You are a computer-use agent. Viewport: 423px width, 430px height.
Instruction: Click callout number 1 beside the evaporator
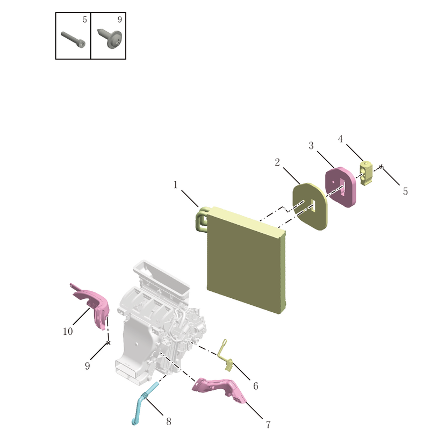175,185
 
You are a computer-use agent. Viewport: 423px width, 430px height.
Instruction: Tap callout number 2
277,162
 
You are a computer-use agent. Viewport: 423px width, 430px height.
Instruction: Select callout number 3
311,146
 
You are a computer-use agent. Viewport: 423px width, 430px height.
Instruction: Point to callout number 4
340,139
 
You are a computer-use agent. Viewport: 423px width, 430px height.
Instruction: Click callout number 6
255,386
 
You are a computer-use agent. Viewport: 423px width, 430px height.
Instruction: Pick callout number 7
268,424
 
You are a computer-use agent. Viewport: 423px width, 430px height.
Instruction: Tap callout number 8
169,421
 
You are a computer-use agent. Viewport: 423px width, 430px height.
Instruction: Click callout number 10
68,331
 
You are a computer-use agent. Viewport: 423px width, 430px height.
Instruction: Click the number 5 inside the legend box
85,19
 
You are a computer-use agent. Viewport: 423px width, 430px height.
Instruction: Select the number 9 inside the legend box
119,19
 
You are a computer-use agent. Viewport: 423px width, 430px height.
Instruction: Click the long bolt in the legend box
73,39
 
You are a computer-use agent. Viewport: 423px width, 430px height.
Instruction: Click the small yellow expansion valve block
366,173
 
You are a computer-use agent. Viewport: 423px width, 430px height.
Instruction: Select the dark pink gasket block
340,187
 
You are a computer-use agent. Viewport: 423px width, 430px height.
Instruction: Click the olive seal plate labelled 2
310,206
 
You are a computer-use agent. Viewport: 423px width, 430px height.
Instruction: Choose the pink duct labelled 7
219,389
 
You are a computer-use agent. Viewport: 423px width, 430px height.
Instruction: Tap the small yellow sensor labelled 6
225,355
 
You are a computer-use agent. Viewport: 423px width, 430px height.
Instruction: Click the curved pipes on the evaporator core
202,219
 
